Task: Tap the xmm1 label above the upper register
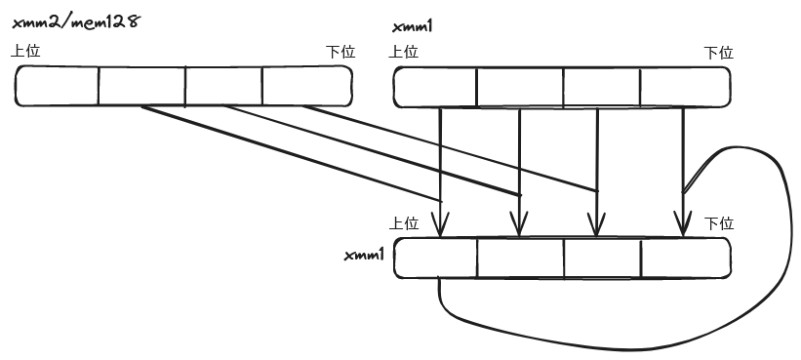coord(413,26)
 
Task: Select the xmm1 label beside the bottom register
coord(366,255)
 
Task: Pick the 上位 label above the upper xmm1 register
coord(403,53)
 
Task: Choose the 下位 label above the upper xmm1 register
coord(718,53)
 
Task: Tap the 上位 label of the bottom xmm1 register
coord(403,223)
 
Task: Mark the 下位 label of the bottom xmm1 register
coord(718,223)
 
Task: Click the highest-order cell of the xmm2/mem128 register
coord(58,85)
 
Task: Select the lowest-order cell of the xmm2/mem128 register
coord(306,85)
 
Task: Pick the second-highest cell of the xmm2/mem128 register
coord(141,85)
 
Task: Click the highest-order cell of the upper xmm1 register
coord(434,87)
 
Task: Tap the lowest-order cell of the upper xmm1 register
coord(685,87)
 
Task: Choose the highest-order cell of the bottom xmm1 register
coord(435,258)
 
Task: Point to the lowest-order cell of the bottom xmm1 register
coord(685,258)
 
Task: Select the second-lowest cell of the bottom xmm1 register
coord(602,258)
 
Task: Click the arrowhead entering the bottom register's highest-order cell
coord(441,227)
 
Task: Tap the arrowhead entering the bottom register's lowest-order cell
coord(683,226)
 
